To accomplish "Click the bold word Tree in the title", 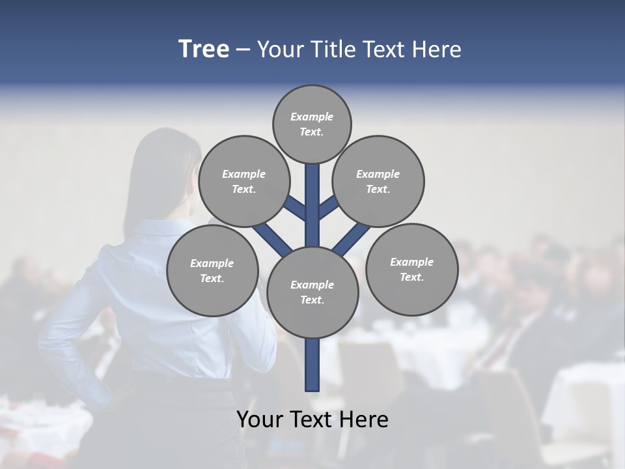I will pos(204,49).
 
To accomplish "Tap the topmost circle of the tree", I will pos(312,124).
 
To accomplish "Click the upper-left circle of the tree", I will pos(243,181).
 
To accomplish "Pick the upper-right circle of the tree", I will pos(378,181).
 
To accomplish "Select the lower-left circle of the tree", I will pos(212,270).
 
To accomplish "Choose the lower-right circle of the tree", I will pos(411,269).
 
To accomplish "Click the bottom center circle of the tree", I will pos(312,292).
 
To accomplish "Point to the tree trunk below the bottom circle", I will pos(312,365).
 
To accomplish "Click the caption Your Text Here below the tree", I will pos(312,419).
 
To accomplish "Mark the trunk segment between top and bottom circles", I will pos(312,205).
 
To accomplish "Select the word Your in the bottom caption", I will pos(260,419).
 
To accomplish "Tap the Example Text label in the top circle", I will pos(312,124).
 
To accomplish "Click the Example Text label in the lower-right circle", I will pos(411,269).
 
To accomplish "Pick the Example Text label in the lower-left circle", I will pos(212,270).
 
